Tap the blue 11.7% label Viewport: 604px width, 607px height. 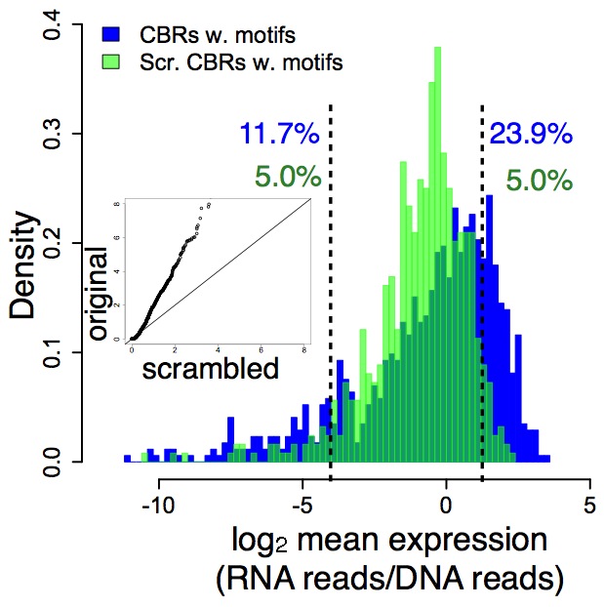coord(278,134)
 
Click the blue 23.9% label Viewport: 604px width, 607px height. coord(530,134)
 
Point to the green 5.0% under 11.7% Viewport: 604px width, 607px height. coord(288,177)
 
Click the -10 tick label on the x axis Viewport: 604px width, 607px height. coord(158,508)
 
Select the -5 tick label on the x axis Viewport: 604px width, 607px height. coord(302,508)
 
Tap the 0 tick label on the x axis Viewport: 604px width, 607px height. coord(446,508)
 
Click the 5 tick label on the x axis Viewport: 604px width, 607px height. coord(588,508)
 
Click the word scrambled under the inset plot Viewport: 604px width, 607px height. coord(210,368)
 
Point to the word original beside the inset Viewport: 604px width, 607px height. coord(98,293)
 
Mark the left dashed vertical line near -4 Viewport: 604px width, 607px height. coord(331,293)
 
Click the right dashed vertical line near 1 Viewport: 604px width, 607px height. coord(482,293)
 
